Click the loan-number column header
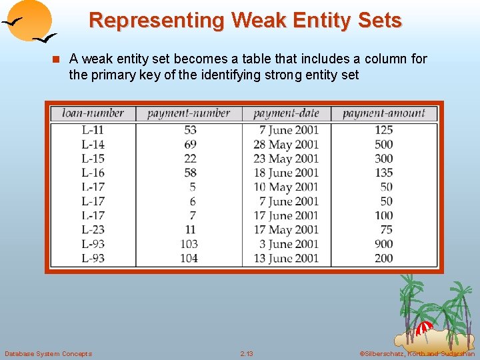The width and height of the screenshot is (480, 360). [93, 113]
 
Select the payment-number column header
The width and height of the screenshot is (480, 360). [189, 113]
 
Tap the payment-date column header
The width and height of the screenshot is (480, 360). [286, 113]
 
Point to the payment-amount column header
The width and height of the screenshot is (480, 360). [383, 113]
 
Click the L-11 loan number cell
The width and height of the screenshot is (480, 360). [93, 130]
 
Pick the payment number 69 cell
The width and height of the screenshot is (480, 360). [190, 144]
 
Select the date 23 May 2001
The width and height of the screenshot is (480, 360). [286, 159]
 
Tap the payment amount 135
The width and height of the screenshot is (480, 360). [383, 173]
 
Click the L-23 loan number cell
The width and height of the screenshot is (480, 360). [93, 229]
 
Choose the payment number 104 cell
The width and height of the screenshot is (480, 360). [189, 258]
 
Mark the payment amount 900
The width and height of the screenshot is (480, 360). [383, 244]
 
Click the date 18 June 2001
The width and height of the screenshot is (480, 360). [286, 173]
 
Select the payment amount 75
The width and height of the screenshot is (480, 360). [386, 229]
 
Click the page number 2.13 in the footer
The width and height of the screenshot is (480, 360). [247, 353]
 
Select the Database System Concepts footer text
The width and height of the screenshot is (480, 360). [48, 353]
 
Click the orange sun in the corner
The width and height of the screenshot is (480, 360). [30, 19]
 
